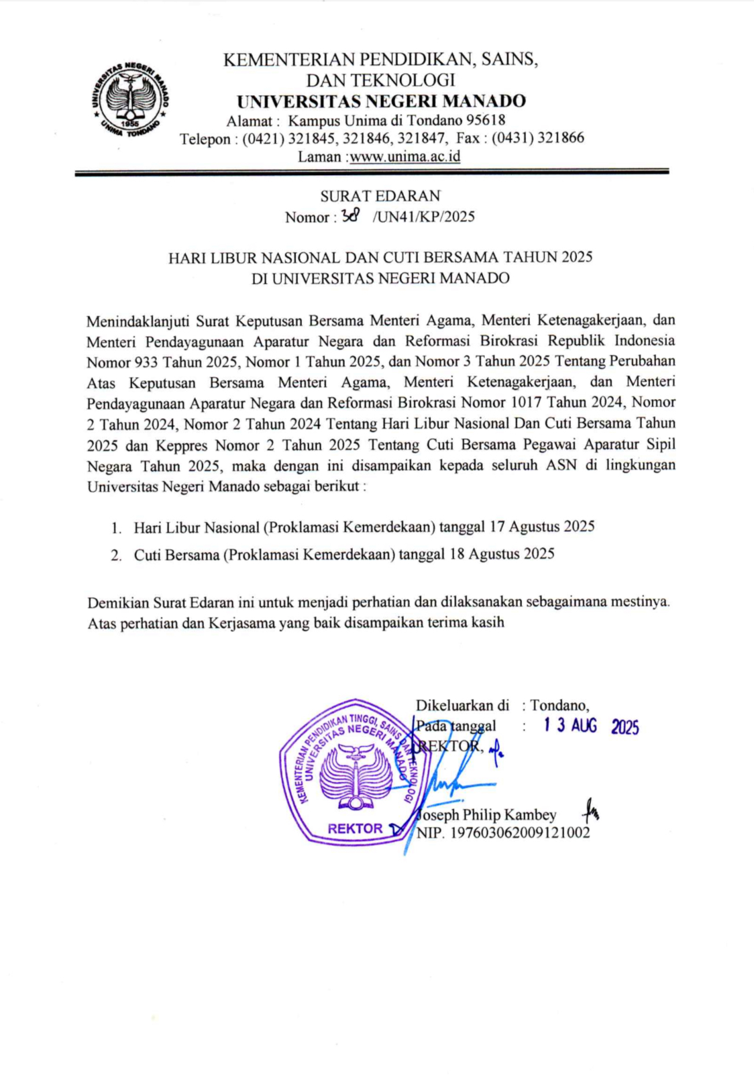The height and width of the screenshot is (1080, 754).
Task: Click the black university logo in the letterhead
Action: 130,99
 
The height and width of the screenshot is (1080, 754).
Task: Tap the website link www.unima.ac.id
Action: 405,156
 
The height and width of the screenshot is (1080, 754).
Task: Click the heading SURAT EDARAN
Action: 380,196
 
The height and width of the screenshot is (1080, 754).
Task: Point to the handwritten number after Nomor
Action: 351,215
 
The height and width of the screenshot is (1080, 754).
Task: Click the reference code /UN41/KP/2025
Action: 423,217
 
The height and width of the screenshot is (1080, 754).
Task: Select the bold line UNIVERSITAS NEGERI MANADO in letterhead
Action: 381,101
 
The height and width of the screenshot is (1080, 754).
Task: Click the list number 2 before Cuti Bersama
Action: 117,555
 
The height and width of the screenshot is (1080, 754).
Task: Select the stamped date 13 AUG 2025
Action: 590,726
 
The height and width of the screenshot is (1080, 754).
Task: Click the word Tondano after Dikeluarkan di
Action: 559,705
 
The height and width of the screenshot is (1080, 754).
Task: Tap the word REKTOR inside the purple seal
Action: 355,828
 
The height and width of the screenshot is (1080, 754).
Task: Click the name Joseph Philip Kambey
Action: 488,814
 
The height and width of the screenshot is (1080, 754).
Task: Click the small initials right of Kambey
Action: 590,812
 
